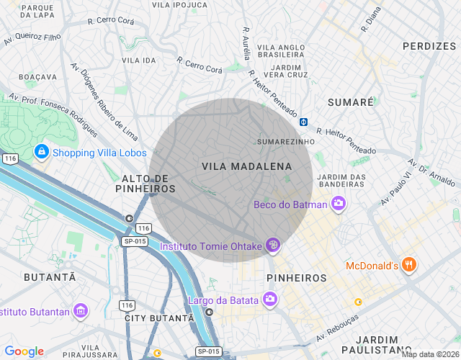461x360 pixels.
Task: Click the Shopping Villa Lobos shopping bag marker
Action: [x=42, y=153]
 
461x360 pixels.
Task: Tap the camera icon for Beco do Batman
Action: [x=339, y=204]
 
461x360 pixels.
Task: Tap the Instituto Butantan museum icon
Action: [x=80, y=312]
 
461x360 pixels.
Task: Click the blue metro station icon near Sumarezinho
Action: [x=304, y=122]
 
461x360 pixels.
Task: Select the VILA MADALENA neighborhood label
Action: [x=247, y=166]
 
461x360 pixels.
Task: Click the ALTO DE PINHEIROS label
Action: [x=146, y=183]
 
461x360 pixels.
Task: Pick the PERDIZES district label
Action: [x=429, y=46]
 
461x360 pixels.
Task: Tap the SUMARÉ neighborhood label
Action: [x=351, y=103]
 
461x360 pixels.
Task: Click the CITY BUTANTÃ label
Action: [x=158, y=318]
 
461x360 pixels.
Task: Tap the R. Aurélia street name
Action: [x=246, y=44]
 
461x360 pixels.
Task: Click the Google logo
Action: [x=24, y=351]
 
